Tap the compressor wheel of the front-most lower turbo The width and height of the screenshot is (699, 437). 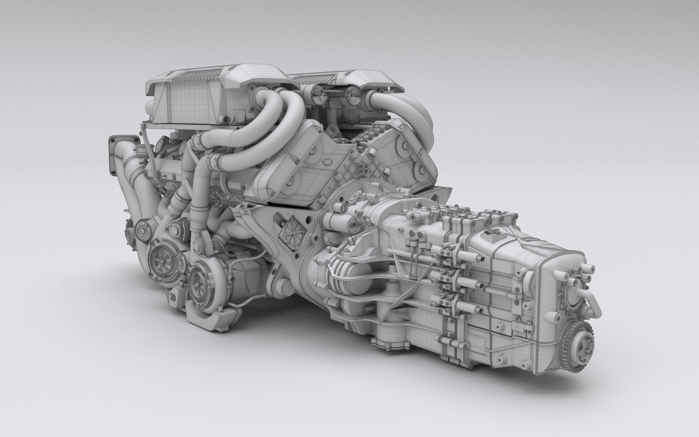pos(197,283)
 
